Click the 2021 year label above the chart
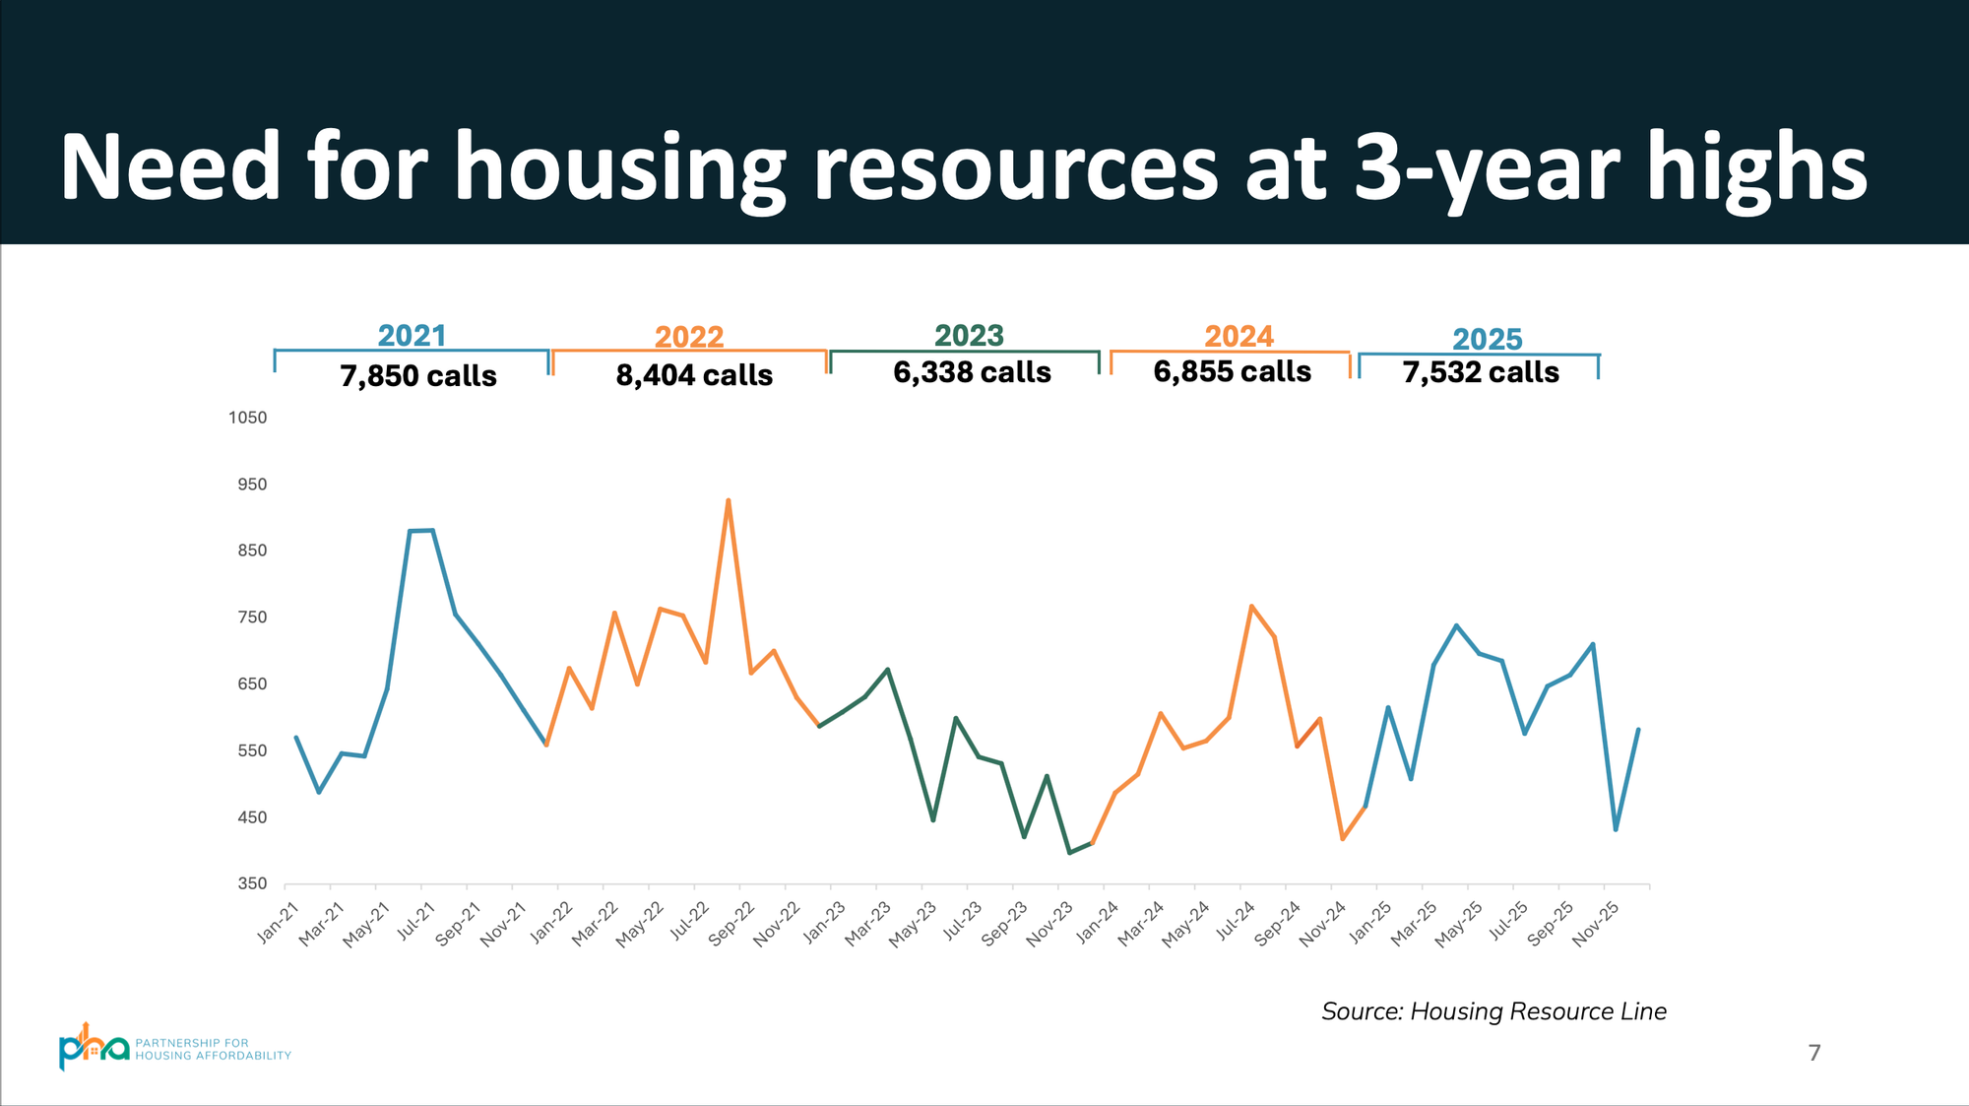click(412, 336)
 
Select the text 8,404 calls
click(694, 375)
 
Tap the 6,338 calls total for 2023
click(972, 372)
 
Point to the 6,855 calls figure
click(1232, 371)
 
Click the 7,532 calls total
click(1481, 372)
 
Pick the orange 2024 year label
click(1239, 337)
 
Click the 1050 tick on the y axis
click(247, 418)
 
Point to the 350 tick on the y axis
click(252, 883)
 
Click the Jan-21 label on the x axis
click(278, 923)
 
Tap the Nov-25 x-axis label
click(1596, 925)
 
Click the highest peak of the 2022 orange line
click(728, 500)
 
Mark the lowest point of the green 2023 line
click(1069, 853)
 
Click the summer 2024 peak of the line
click(1251, 607)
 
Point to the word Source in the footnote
click(1362, 1011)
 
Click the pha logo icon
click(93, 1048)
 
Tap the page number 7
click(1814, 1053)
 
